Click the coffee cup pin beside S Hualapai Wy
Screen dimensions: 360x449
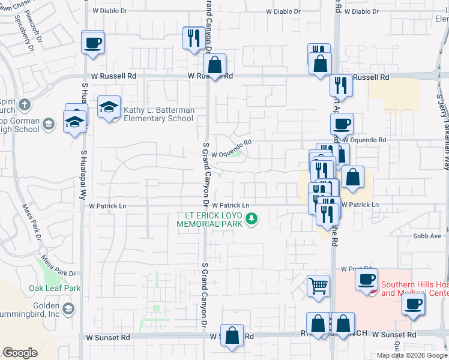click(x=92, y=43)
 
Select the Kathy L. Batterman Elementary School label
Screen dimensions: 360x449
click(x=158, y=114)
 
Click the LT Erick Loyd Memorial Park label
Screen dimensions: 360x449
click(x=209, y=220)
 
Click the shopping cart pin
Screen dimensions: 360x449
click(x=318, y=286)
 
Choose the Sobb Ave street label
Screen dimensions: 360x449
click(x=427, y=236)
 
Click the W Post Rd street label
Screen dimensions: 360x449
click(x=353, y=269)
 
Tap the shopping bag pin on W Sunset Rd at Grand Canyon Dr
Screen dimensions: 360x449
click(x=232, y=335)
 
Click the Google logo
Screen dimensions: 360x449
click(x=20, y=353)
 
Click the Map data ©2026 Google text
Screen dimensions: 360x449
click(x=412, y=355)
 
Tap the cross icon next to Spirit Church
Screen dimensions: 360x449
click(x=24, y=105)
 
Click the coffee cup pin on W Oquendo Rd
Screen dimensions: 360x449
click(x=342, y=125)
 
